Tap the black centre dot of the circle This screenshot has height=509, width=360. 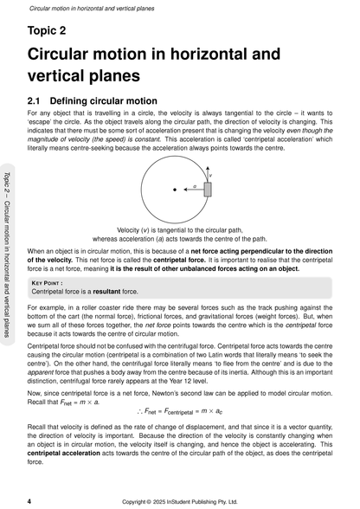(174, 189)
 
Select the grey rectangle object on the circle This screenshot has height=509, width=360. (208, 189)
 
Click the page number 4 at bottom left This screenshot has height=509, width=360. (29, 500)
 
